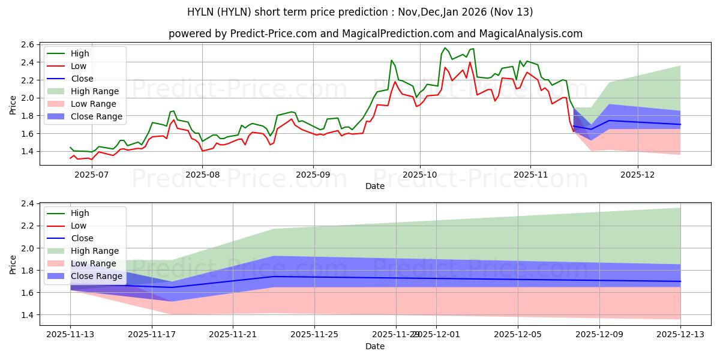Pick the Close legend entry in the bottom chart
pyautogui.click(x=82, y=238)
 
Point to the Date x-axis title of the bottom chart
pyautogui.click(x=375, y=346)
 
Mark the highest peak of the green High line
pyautogui.click(x=445, y=48)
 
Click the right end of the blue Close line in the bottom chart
pyautogui.click(x=680, y=281)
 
